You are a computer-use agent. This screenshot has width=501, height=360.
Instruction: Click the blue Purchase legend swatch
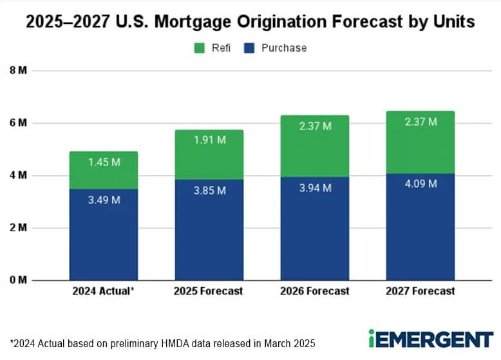(249, 48)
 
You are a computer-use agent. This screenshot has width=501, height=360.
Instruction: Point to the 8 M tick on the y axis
(17, 70)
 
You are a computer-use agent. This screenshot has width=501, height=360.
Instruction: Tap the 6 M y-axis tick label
(17, 123)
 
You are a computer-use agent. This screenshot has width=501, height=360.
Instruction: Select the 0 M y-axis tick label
(17, 280)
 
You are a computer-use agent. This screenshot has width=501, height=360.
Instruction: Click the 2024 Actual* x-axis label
(103, 291)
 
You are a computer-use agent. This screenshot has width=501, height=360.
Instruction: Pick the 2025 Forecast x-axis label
(209, 291)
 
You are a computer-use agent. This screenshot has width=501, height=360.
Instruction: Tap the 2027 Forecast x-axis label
(420, 291)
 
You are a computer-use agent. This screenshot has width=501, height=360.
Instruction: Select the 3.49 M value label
(103, 200)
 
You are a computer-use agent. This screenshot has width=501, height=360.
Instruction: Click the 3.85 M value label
(209, 190)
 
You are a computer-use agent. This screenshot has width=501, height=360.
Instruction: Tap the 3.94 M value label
(314, 187)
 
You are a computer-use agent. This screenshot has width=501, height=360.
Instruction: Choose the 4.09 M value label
(420, 184)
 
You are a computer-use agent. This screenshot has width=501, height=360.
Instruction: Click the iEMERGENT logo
(430, 338)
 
